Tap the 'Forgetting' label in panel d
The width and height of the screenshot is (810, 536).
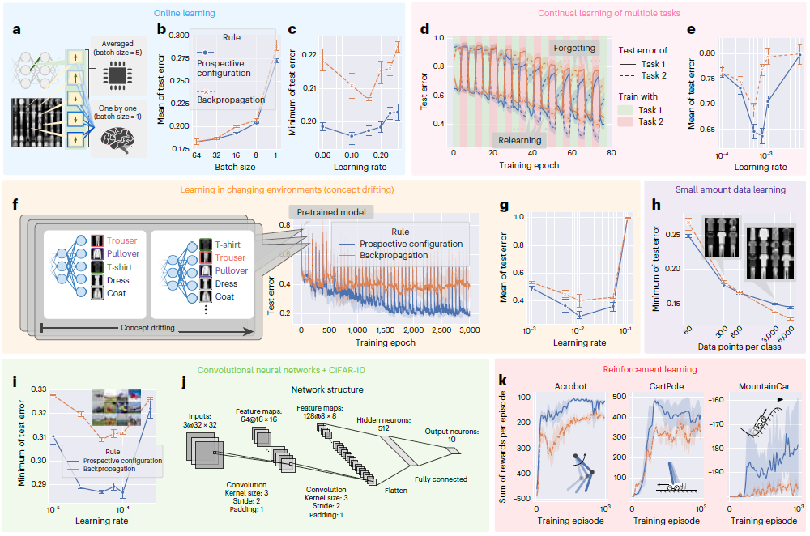coord(574,49)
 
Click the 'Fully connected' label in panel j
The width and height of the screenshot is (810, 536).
coord(441,479)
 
